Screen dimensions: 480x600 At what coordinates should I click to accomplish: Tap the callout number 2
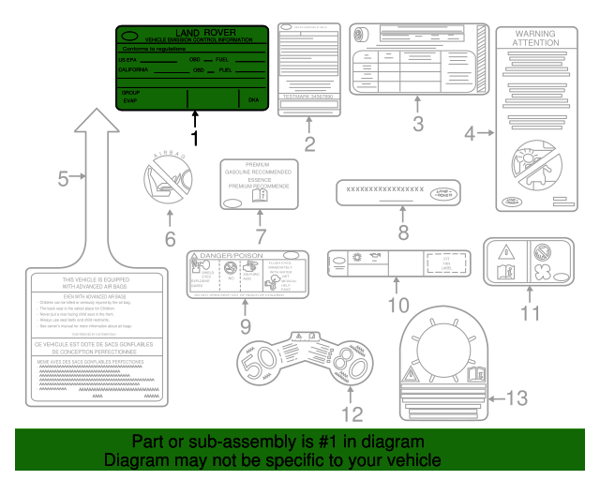pos(307,144)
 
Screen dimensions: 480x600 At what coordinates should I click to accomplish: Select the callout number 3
pos(418,123)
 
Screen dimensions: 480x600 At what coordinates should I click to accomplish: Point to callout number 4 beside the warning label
pos(472,133)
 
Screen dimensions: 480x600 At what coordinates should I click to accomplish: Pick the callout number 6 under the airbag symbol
pos(170,238)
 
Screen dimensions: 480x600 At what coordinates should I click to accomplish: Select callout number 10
pos(398,304)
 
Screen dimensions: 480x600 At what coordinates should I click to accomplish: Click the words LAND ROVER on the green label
pos(208,35)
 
